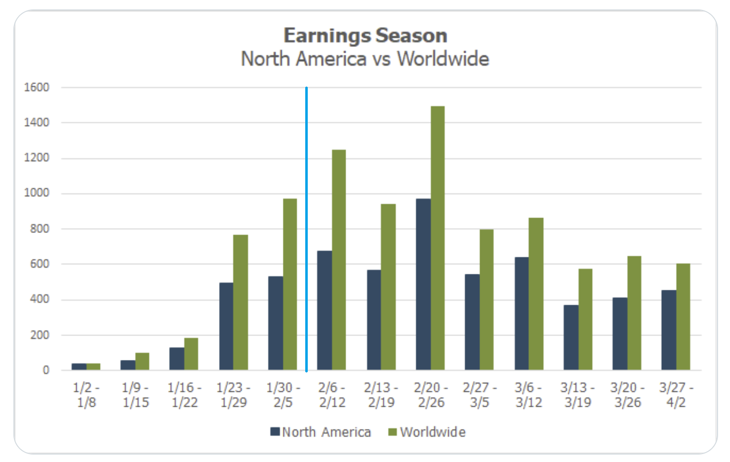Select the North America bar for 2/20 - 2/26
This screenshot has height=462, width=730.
click(423, 284)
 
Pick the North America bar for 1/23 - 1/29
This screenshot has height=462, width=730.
click(226, 326)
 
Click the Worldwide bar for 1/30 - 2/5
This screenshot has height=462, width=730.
click(290, 284)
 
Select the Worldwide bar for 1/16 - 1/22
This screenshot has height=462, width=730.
click(191, 354)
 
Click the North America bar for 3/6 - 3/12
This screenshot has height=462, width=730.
click(522, 314)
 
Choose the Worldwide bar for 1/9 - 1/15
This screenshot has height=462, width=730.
click(142, 361)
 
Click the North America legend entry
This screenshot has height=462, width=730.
click(321, 432)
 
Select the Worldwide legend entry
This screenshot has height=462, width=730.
click(427, 432)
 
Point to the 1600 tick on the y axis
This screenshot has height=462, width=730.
click(37, 88)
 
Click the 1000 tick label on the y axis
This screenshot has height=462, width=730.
click(37, 193)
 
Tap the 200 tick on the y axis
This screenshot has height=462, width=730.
click(39, 335)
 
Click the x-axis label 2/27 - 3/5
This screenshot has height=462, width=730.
click(480, 395)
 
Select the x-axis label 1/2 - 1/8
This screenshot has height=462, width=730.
click(87, 395)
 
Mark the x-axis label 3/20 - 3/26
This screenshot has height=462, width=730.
click(627, 395)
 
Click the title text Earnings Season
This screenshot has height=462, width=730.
click(365, 36)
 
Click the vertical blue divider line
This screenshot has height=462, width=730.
click(306, 229)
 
